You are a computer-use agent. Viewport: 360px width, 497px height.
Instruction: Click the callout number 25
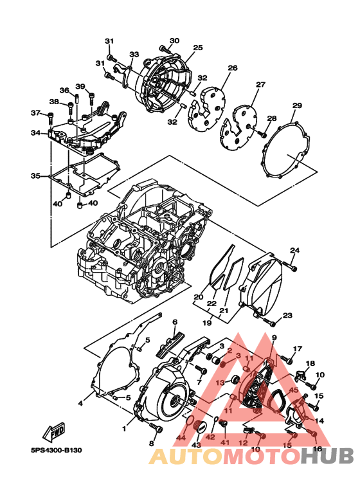197,48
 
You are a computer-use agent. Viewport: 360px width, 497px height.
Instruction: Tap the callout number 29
296,106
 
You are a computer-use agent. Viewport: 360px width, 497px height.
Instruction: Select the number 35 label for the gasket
35,176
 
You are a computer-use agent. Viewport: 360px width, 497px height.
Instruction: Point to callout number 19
207,323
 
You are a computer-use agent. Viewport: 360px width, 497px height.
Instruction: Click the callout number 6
174,322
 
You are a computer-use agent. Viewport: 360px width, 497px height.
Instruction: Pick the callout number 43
196,444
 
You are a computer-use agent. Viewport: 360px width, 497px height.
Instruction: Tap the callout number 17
298,349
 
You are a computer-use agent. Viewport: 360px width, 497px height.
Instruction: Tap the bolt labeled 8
154,429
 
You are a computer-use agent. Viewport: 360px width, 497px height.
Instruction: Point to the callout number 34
35,133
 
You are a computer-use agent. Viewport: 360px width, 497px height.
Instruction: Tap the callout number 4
81,403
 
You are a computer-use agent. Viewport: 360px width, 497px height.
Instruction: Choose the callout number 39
80,87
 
